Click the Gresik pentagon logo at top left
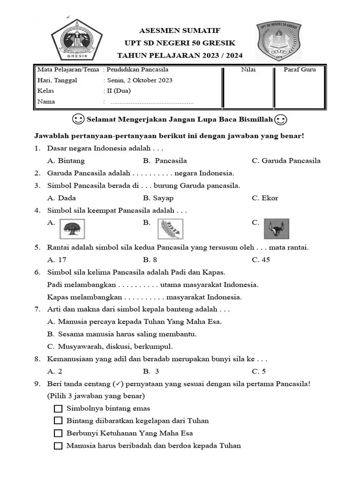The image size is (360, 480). (76, 39)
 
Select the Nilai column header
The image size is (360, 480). (248, 69)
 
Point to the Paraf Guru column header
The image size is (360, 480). (300, 69)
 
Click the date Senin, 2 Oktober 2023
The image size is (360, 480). (140, 80)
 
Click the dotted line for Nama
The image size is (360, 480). (151, 102)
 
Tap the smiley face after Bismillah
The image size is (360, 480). (281, 120)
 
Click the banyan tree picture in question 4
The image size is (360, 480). (72, 229)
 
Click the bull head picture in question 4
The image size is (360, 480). (276, 229)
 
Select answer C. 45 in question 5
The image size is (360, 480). (261, 260)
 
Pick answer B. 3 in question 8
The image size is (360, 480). (151, 371)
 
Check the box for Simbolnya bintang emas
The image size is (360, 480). (58, 408)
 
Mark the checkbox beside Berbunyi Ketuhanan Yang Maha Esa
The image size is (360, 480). (58, 433)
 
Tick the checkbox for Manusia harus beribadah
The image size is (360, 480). (58, 446)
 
